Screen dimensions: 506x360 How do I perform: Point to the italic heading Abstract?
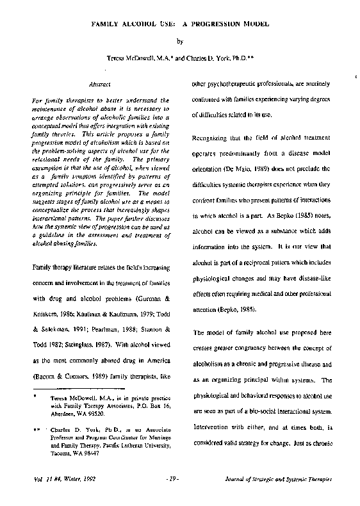point(100,84)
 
